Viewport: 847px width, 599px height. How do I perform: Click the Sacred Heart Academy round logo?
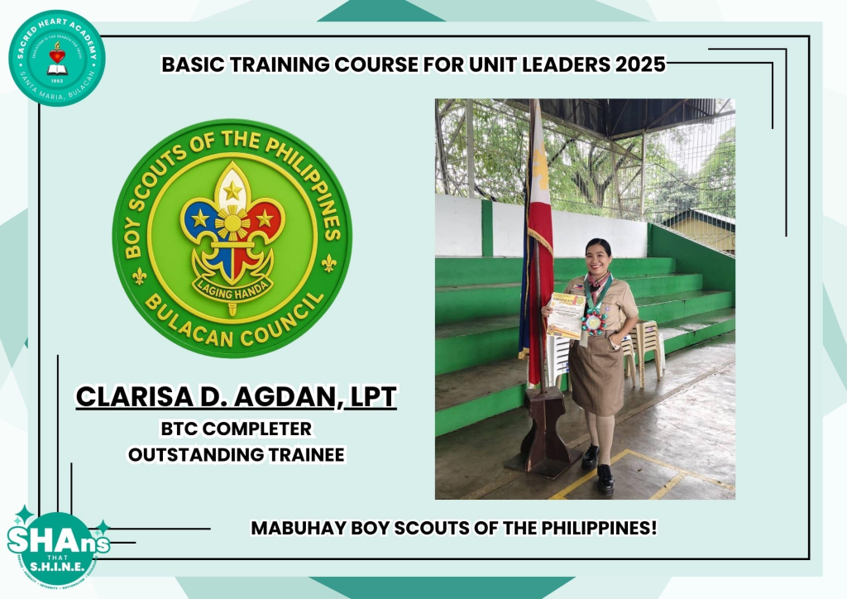coord(56,58)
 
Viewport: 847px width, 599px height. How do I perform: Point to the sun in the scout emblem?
coord(232,223)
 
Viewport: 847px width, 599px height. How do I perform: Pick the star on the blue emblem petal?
coord(199,218)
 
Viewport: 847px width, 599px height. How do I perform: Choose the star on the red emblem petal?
coord(265,218)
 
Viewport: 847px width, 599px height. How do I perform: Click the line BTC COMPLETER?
coord(237,429)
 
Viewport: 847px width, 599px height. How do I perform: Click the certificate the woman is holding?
coord(566,315)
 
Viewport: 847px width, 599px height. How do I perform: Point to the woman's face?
coord(598,259)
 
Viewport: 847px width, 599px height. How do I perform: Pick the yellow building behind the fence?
coord(701,229)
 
